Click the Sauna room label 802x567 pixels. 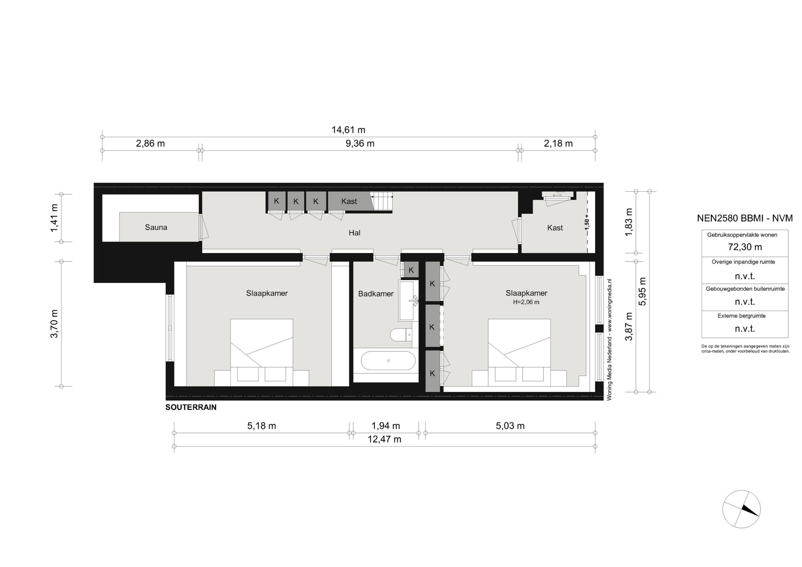(x=156, y=227)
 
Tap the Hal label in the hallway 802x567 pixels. (x=354, y=233)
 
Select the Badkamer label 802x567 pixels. (x=376, y=294)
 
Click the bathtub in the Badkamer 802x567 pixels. (x=388, y=361)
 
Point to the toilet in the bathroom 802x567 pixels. (x=401, y=335)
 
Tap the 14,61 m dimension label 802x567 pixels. (x=348, y=130)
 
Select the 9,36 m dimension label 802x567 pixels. (x=360, y=143)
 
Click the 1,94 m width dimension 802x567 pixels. (x=386, y=426)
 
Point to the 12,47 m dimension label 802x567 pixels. (x=384, y=439)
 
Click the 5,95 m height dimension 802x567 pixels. (x=642, y=291)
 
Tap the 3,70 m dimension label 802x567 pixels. (x=54, y=324)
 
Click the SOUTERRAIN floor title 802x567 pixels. (x=191, y=407)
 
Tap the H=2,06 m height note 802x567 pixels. (x=526, y=302)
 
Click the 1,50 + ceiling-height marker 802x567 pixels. (x=587, y=222)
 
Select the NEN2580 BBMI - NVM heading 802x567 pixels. (x=745, y=218)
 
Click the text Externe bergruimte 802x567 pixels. (x=742, y=316)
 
